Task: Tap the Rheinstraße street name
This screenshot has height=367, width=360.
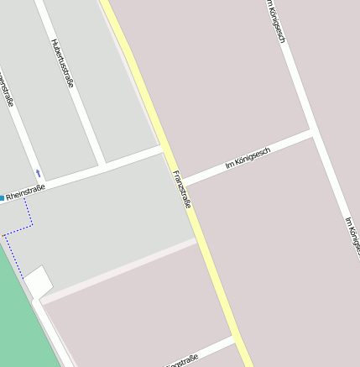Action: click(x=25, y=193)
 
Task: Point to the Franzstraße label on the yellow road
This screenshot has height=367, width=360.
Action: click(x=182, y=189)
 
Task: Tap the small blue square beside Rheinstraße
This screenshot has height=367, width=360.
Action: click(x=2, y=199)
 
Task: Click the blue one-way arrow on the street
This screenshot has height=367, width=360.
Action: click(x=38, y=173)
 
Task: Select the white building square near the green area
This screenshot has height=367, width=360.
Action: click(x=39, y=282)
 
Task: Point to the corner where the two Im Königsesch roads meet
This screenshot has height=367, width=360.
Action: click(x=311, y=132)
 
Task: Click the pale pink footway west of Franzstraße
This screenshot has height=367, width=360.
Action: click(x=117, y=270)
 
